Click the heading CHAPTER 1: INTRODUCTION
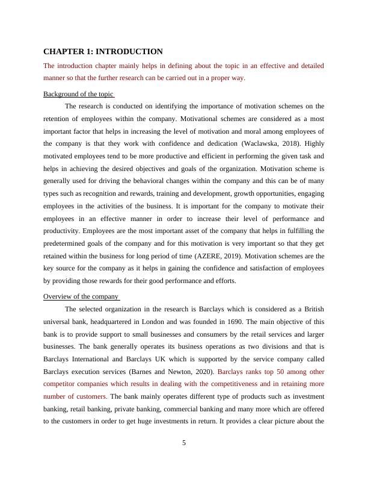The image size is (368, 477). pyautogui.click(x=103, y=52)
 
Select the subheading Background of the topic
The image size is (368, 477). pyautogui.click(x=78, y=94)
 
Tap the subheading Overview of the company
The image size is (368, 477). pyautogui.click(x=81, y=296)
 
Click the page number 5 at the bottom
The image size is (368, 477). pyautogui.click(x=184, y=443)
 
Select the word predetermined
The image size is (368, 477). pyautogui.click(x=66, y=243)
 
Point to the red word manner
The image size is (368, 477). pyautogui.click(x=54, y=78)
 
